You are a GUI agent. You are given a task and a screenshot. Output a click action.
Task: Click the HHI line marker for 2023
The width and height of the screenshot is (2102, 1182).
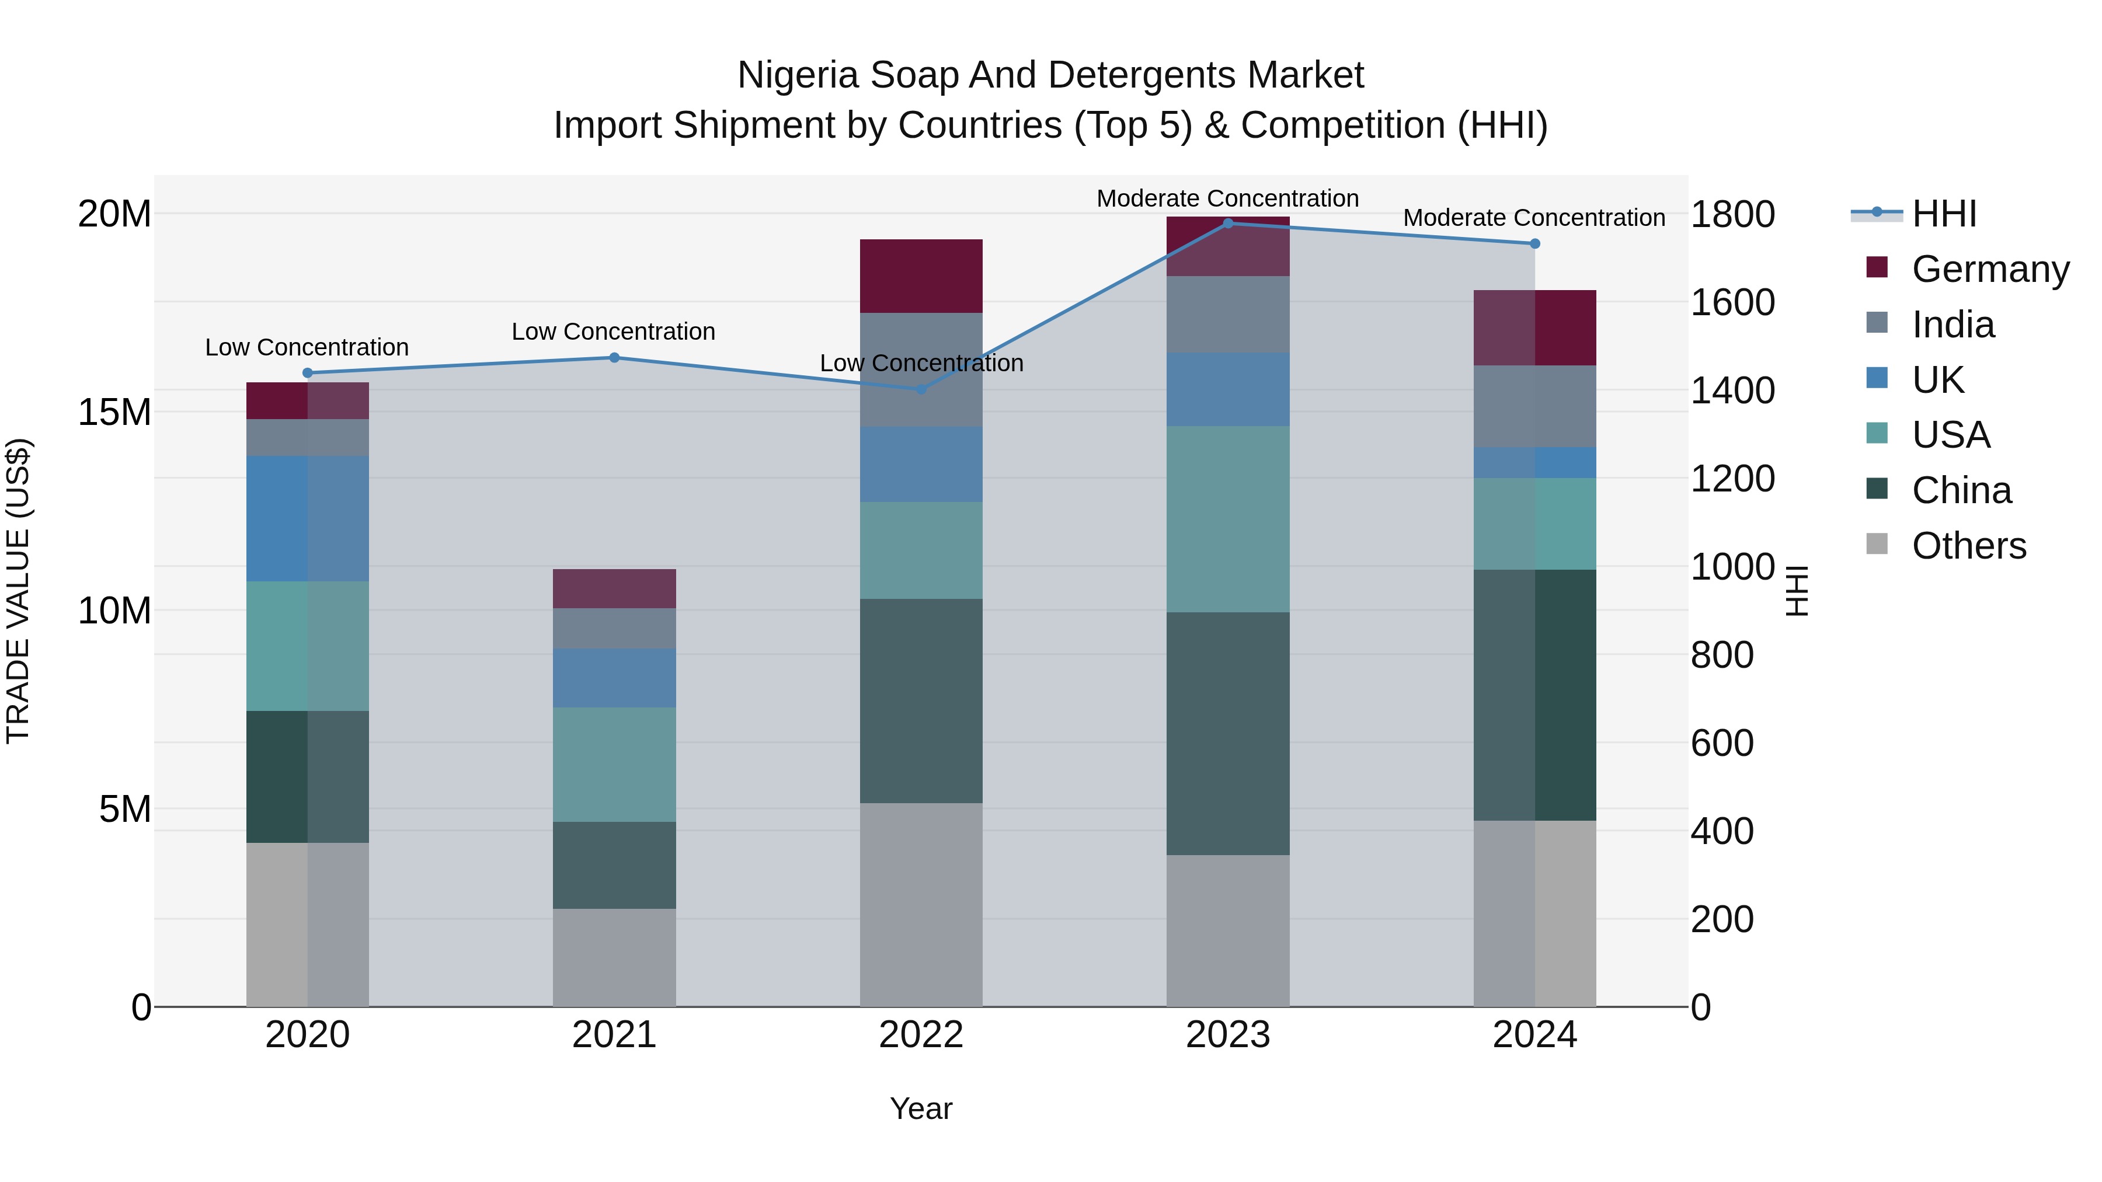pos(1227,223)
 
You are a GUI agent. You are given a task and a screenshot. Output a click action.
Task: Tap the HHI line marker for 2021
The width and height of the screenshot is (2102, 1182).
pos(614,357)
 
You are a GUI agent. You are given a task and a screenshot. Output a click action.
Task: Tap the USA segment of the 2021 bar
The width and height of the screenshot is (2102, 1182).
pos(614,763)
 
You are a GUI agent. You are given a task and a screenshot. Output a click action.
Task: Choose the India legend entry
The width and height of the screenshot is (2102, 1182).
pos(1953,325)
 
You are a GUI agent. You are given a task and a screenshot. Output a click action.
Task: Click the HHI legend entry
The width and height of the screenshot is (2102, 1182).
pos(1944,214)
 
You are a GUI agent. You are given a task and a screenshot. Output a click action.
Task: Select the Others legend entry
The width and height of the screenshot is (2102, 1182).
pos(1968,545)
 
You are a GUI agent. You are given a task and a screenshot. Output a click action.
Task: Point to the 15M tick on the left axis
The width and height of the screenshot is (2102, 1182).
pos(114,412)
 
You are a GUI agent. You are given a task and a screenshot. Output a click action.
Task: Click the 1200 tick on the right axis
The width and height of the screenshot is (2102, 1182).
pos(1732,478)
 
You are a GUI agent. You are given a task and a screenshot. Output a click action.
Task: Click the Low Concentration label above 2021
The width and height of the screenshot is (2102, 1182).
pos(613,331)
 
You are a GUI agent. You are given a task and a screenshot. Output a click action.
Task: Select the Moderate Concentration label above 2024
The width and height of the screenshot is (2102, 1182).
pos(1533,218)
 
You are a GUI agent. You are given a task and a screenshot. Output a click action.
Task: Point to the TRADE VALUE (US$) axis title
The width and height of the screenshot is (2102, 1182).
pos(18,591)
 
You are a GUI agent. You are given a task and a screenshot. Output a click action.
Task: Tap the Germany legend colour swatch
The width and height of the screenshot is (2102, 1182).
pos(1877,267)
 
